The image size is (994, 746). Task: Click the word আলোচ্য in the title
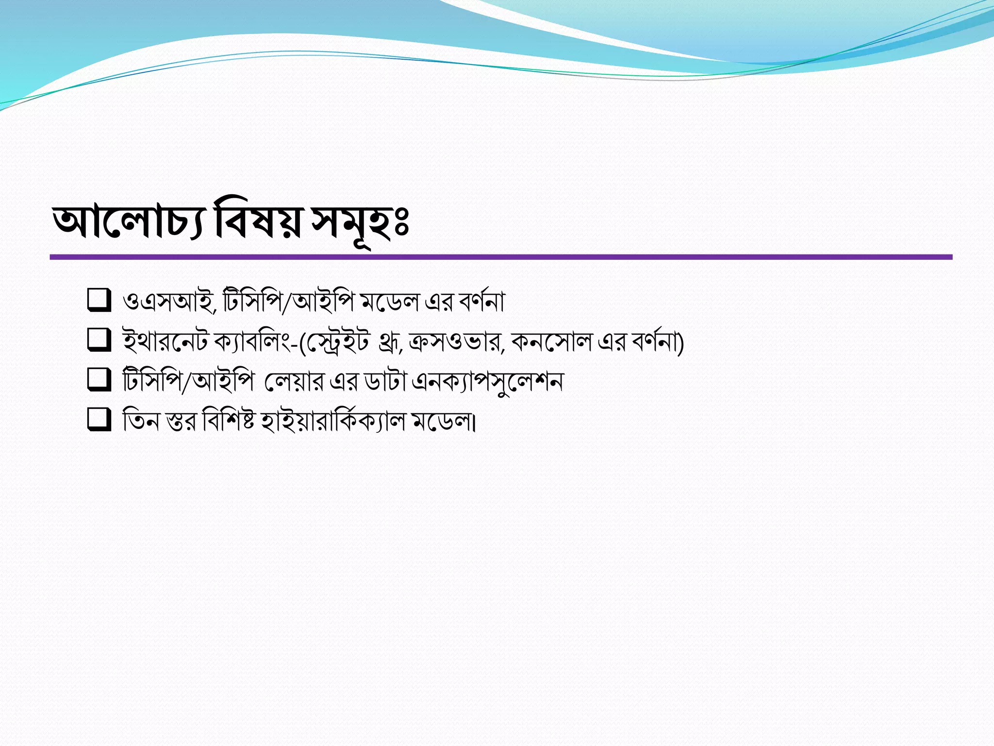pos(127,223)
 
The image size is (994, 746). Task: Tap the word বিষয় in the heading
pos(257,223)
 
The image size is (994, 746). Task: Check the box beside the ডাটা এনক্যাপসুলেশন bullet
pos(99,379)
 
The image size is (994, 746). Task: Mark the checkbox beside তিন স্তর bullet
pos(99,419)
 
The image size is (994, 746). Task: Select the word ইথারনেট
pos(165,342)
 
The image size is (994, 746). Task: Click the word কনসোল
pos(551,342)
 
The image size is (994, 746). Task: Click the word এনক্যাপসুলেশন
pos(487,382)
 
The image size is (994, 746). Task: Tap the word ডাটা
pos(384,382)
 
